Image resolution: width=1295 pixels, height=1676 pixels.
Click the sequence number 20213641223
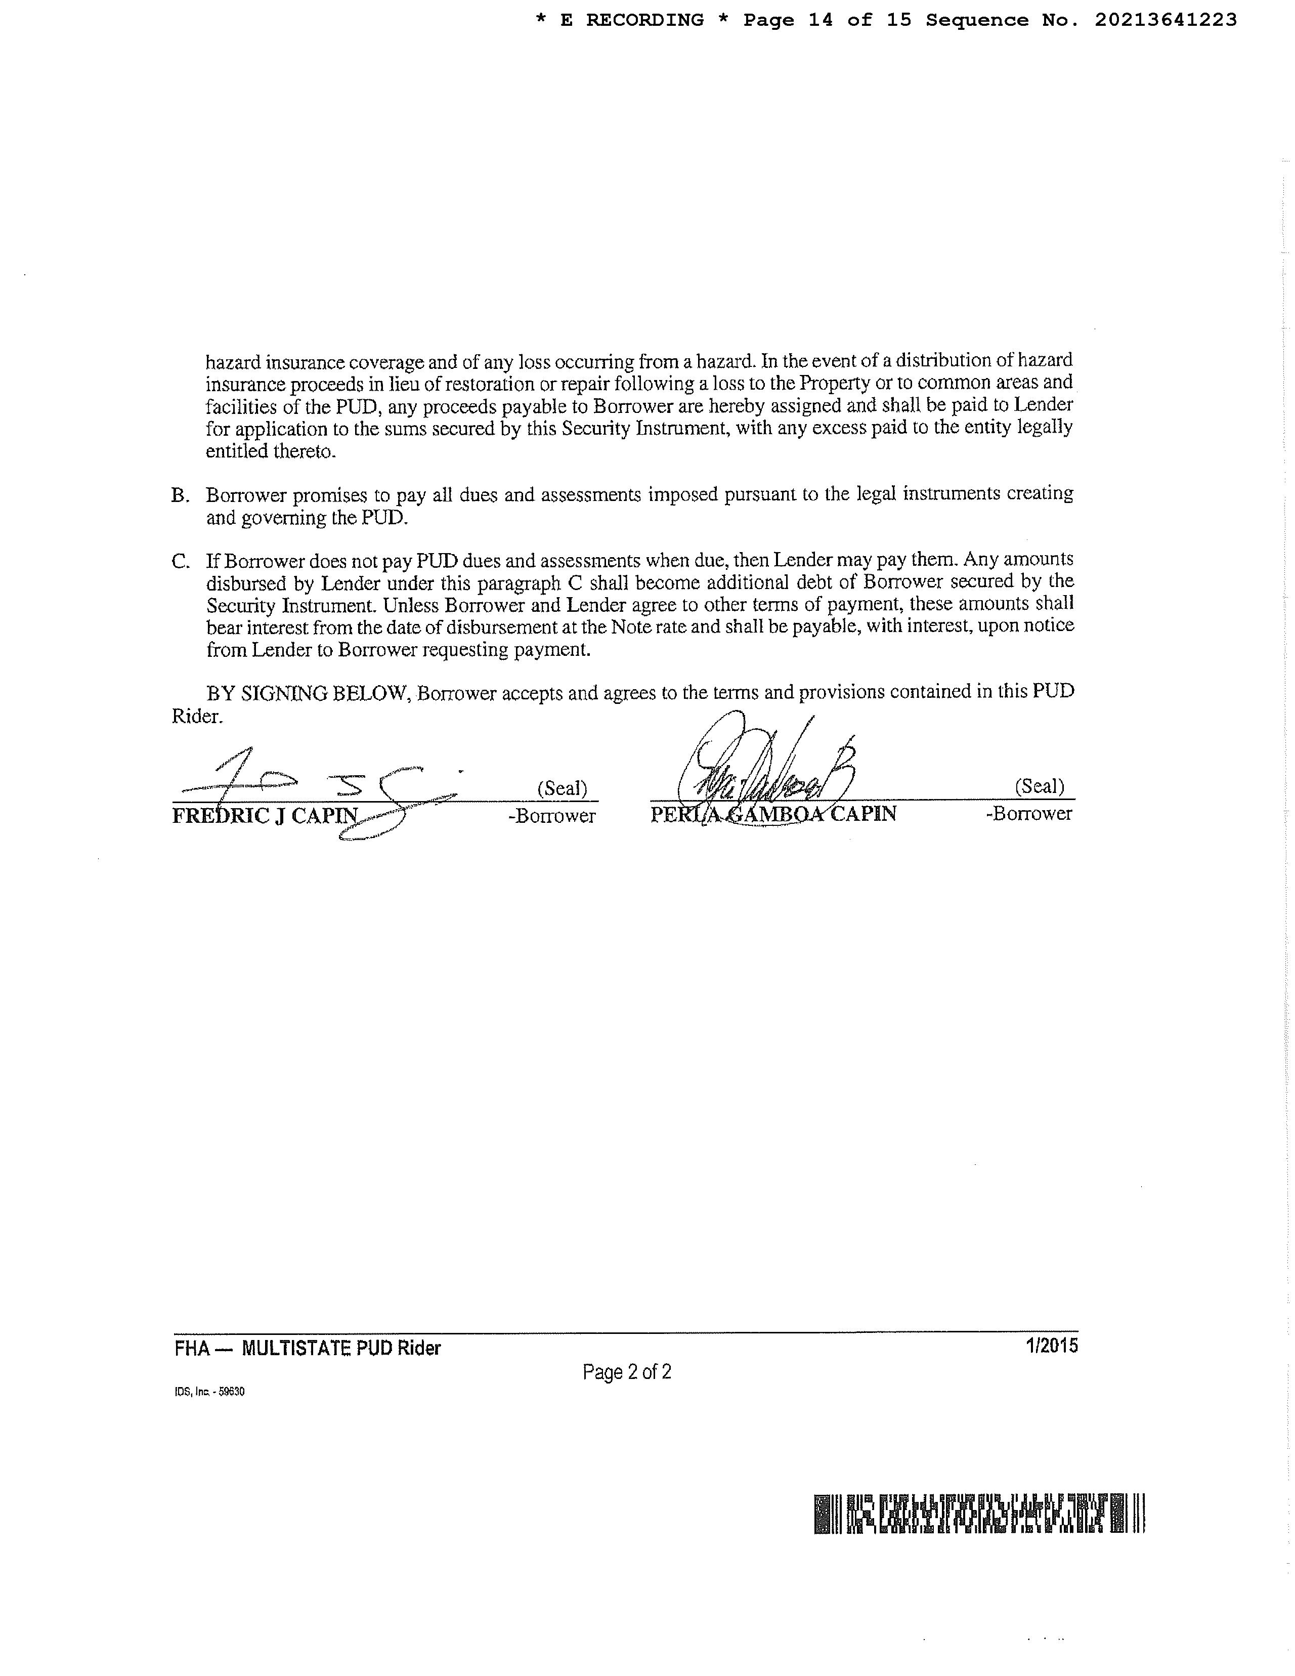(1165, 20)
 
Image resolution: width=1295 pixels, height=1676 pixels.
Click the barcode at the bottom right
(979, 1514)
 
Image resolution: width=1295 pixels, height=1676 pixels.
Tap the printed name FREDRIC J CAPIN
(265, 815)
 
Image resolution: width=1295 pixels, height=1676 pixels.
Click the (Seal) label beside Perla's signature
(1040, 786)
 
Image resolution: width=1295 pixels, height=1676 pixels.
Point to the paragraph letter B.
(180, 496)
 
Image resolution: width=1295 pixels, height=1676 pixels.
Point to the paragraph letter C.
(180, 562)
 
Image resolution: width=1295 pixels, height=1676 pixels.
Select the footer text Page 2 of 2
(627, 1371)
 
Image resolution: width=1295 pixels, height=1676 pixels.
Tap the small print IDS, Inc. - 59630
(209, 1391)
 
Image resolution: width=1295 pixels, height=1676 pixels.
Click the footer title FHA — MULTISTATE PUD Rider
(308, 1348)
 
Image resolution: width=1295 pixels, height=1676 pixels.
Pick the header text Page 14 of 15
(827, 20)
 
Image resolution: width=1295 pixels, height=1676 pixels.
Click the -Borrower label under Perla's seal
(1029, 813)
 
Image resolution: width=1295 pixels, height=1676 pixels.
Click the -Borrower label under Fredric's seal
(551, 816)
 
